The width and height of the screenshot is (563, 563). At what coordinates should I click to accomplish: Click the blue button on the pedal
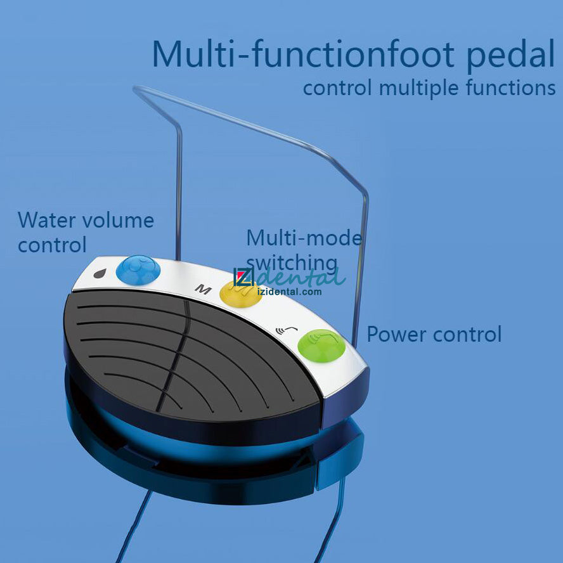pyautogui.click(x=138, y=269)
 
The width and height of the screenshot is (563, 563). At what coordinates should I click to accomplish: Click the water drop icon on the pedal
pyautogui.click(x=99, y=274)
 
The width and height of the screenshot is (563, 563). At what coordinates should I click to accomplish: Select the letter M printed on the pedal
pyautogui.click(x=202, y=290)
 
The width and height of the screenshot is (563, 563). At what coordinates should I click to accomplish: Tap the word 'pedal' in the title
pyautogui.click(x=511, y=56)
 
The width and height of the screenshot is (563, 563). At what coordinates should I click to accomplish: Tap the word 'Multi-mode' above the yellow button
pyautogui.click(x=304, y=238)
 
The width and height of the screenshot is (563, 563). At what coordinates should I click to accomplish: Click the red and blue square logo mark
pyautogui.click(x=244, y=276)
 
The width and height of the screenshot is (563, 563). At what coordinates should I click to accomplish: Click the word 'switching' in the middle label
pyautogui.click(x=292, y=262)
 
